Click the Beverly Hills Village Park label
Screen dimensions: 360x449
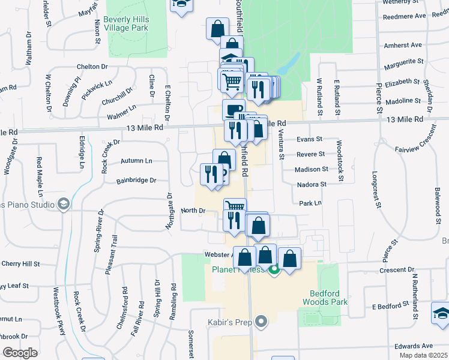pyautogui.click(x=126, y=24)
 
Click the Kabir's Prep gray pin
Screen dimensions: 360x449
pyautogui.click(x=261, y=323)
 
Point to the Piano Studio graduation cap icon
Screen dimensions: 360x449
pyautogui.click(x=64, y=205)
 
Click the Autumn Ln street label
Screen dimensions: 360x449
pyautogui.click(x=136, y=161)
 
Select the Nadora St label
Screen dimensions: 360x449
pyautogui.click(x=312, y=185)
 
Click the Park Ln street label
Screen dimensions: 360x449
pyautogui.click(x=310, y=203)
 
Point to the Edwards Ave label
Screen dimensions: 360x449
pyautogui.click(x=414, y=346)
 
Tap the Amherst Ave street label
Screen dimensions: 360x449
pyautogui.click(x=403, y=45)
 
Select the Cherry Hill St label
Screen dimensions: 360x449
pyautogui.click(x=20, y=263)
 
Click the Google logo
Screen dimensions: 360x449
pyautogui.click(x=20, y=353)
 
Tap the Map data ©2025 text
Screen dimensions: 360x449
pyautogui.click(x=423, y=355)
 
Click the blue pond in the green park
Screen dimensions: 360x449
pyautogui.click(x=292, y=61)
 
